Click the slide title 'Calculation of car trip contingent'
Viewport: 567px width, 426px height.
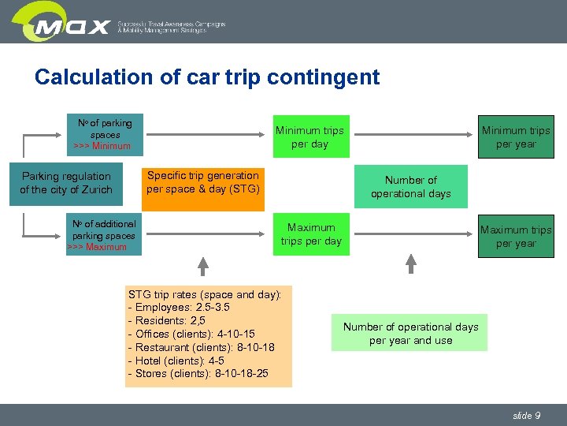tap(207, 77)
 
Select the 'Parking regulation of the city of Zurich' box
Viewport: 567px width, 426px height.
tap(66, 183)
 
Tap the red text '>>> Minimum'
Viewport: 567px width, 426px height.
tap(102, 146)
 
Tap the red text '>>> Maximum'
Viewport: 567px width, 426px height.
tap(97, 247)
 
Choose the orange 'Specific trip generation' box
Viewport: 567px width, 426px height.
tap(203, 183)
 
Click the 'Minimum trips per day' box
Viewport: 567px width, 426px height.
tap(309, 137)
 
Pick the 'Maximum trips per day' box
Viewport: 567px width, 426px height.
tap(311, 234)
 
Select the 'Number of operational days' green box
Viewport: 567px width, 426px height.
tap(410, 187)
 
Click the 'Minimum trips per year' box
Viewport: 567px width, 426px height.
tap(516, 137)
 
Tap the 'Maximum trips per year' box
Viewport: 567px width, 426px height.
tap(516, 237)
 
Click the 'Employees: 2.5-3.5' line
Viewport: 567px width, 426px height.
tap(179, 308)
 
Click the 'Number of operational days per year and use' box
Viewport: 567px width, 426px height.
tap(410, 334)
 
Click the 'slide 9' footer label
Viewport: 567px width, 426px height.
tap(526, 415)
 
